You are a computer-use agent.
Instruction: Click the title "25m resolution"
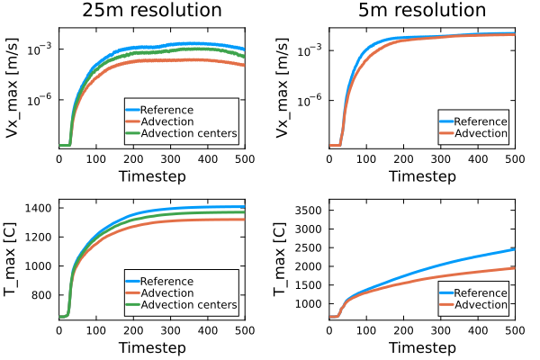[152, 11]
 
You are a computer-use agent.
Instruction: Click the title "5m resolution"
[421, 11]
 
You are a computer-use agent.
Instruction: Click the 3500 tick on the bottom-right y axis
[308, 211]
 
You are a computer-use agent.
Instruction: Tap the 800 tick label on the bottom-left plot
[41, 295]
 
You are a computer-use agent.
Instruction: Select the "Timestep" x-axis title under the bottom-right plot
[421, 347]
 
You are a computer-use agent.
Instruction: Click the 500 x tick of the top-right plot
[514, 158]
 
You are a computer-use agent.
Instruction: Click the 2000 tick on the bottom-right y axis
[308, 266]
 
